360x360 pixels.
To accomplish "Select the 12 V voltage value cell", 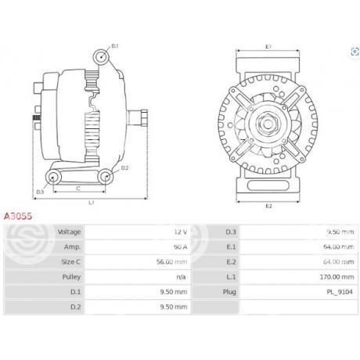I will coord(179,232).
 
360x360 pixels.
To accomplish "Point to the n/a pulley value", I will coord(181,277).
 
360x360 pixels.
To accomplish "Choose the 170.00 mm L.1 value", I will coord(329,277).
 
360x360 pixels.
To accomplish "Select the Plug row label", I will coord(230,292).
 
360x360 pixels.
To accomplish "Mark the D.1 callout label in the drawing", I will coord(114,47).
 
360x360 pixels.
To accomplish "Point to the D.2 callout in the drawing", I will coord(124,167).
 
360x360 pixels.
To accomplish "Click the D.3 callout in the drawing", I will coord(41,190).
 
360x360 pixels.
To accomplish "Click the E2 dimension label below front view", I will coord(268,206).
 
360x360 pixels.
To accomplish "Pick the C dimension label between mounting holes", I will coord(77,189).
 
